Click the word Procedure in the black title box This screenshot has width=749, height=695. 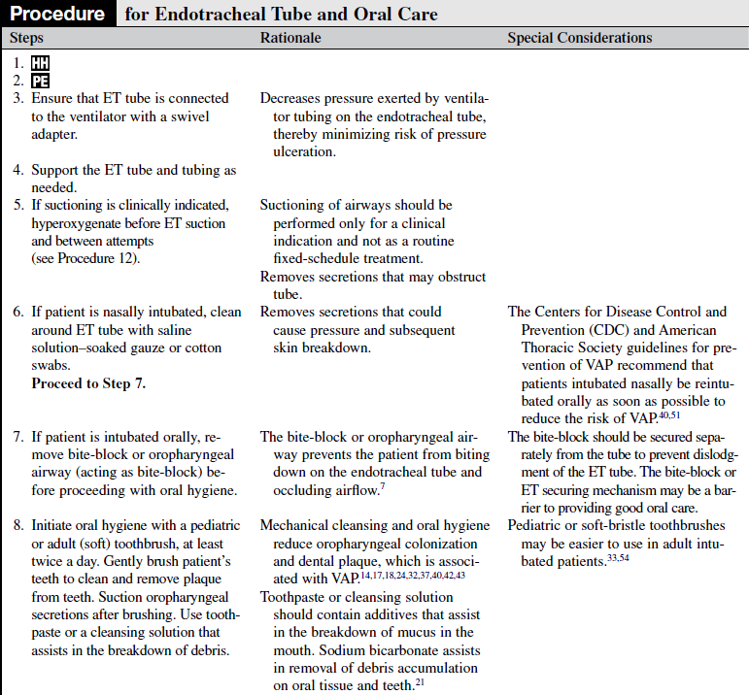57,14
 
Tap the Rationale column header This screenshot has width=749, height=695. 290,38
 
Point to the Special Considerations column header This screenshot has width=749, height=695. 580,38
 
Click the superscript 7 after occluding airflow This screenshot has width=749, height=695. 383,485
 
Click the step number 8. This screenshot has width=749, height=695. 17,525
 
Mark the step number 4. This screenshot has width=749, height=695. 17,170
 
